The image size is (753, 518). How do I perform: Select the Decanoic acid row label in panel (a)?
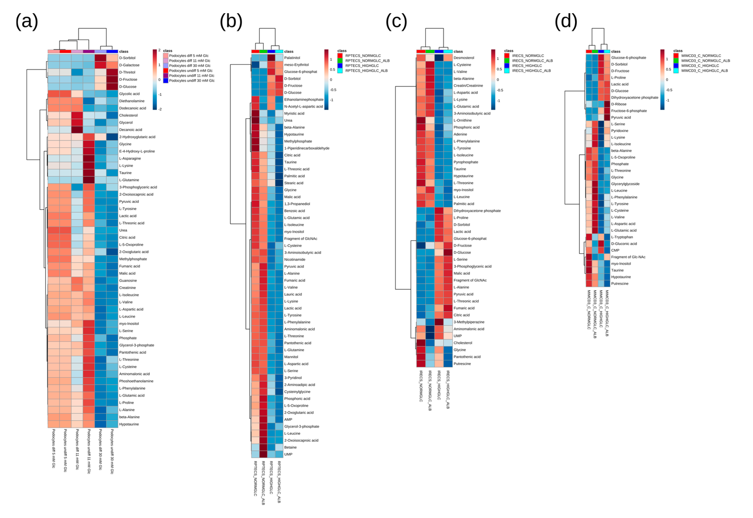131,130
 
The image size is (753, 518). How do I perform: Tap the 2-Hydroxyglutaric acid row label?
137,137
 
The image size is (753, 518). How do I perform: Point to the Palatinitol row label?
292,58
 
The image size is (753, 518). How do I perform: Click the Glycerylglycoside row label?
625,184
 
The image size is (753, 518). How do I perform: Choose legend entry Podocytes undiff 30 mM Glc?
192,80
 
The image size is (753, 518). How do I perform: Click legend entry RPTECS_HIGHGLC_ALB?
366,70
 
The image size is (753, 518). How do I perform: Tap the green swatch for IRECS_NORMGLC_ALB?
507,61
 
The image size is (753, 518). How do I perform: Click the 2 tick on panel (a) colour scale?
159,50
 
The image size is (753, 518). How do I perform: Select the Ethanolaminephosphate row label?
304,100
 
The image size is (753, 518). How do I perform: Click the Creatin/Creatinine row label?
468,86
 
